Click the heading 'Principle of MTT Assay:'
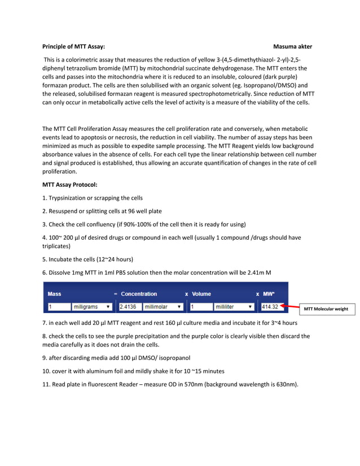[x=73, y=46]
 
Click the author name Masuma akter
[x=292, y=46]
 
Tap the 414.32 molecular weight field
[x=270, y=307]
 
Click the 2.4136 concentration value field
[x=128, y=307]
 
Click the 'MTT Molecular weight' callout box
[x=326, y=309]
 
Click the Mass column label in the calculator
[x=55, y=294]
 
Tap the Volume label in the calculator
[x=201, y=294]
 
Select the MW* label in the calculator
[x=269, y=294]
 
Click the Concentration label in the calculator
[x=139, y=294]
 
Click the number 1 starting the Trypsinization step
[x=44, y=198]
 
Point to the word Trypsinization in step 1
[x=70, y=198]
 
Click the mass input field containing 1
[x=58, y=307]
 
